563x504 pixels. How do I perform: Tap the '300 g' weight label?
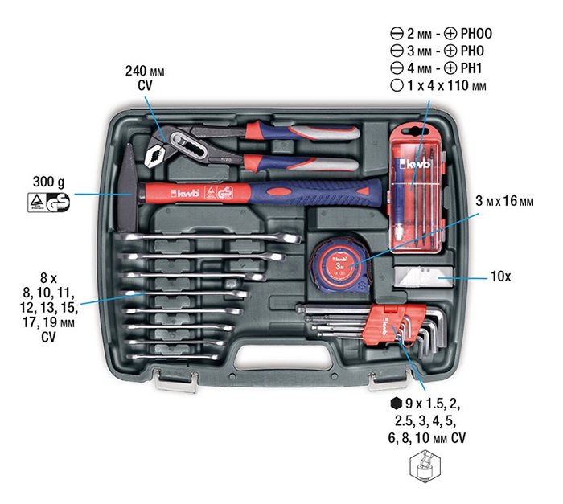coord(49,181)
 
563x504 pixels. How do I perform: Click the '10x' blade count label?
coord(500,276)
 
